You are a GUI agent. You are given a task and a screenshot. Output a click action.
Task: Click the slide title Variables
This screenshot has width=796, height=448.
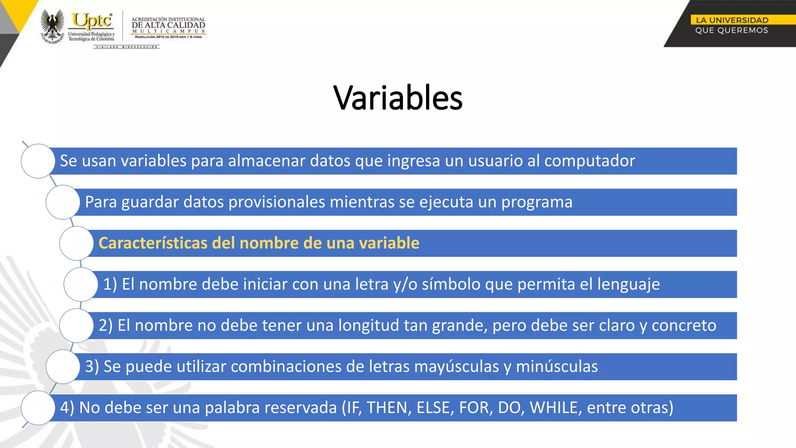398,98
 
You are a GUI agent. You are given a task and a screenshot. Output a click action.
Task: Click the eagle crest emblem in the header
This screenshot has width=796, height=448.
52,26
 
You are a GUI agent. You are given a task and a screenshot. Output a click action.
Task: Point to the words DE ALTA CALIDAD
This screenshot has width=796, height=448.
168,25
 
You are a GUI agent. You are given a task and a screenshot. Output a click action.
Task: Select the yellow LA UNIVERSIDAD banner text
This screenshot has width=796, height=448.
732,20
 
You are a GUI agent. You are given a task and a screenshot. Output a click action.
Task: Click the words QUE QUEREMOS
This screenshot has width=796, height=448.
731,30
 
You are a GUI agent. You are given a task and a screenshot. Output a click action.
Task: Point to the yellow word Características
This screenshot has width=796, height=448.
153,243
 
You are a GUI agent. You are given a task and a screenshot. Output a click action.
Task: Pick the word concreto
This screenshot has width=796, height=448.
684,325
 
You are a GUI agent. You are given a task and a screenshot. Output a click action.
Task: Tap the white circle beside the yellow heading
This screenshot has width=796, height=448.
77,243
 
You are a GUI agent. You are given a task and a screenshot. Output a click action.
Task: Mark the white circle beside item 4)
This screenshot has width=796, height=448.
38,408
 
